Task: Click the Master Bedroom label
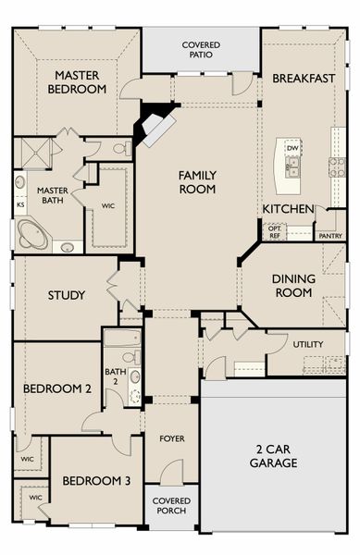[77, 82]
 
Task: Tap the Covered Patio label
[201, 50]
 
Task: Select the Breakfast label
[304, 79]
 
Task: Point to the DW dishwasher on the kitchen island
[292, 148]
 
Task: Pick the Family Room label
[197, 182]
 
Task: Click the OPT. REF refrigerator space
[274, 232]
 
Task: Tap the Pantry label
[330, 236]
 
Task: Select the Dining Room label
[293, 285]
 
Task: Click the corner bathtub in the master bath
[32, 234]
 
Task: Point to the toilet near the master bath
[122, 148]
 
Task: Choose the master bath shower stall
[36, 153]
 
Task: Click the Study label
[67, 295]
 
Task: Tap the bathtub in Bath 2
[122, 339]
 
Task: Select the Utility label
[308, 344]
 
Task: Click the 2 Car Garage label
[273, 456]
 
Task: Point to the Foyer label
[172, 438]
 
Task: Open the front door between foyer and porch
[172, 472]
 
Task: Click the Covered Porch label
[171, 505]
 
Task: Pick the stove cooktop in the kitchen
[337, 167]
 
